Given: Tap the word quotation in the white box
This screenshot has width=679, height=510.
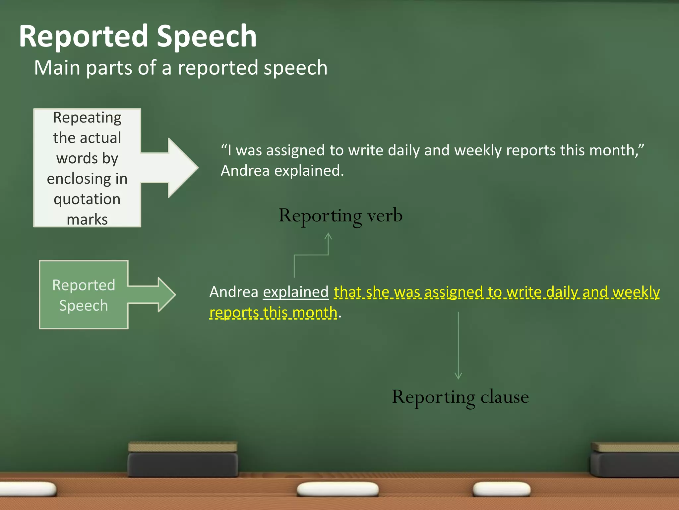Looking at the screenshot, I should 87,199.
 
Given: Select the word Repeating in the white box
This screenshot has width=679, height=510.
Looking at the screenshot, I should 87,118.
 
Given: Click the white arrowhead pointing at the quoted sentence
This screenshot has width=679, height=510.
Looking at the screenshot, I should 182,168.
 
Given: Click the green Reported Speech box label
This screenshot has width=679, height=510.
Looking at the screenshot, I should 84,295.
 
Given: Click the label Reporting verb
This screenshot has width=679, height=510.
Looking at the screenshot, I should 340,215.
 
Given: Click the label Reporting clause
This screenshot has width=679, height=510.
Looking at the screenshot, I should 460,397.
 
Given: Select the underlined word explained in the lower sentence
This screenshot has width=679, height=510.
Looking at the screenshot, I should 296,292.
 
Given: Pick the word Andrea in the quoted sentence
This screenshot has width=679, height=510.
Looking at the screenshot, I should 245,171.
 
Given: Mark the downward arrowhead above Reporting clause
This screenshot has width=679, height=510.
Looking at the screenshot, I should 458,376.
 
